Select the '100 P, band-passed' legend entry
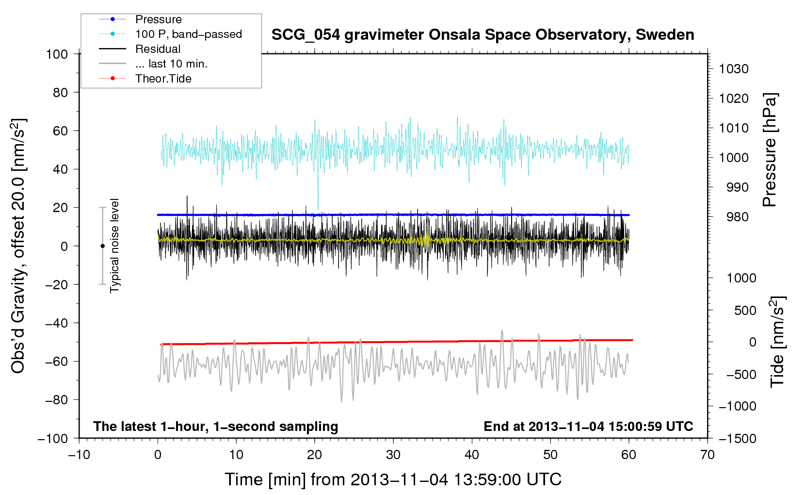point(188,34)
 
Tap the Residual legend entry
point(158,49)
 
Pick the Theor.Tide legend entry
point(163,79)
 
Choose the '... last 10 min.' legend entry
point(171,64)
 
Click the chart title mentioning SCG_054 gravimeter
point(483,35)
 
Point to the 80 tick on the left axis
point(60,92)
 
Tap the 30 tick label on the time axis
point(393,455)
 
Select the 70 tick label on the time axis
point(708,455)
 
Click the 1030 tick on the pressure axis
point(734,69)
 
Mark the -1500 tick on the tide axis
point(737,439)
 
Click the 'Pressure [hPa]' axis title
point(770,150)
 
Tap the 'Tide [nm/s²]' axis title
point(777,342)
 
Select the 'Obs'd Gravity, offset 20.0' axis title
point(18,246)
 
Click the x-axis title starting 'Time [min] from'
point(393,479)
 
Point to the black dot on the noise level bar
point(102,246)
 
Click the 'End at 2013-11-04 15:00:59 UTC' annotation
point(588,427)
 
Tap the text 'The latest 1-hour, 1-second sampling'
point(216,427)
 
